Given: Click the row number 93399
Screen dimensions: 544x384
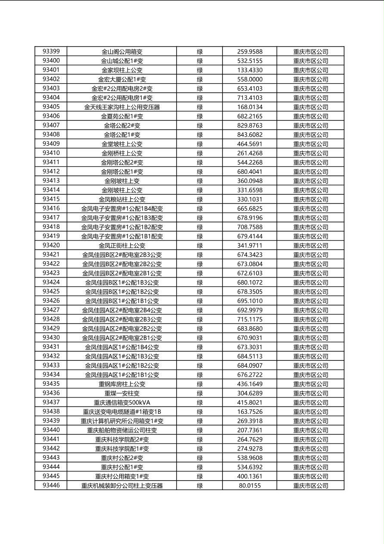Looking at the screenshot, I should [51, 51].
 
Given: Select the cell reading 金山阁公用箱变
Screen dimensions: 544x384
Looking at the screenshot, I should [122, 52].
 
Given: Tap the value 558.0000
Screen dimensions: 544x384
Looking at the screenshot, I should [250, 79].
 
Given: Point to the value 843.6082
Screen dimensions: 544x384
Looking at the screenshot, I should [250, 134].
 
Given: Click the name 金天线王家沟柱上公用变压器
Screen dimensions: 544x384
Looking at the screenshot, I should [122, 107].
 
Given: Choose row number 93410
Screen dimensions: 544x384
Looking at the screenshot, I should [51, 153].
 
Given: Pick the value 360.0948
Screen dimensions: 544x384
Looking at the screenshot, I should [250, 181].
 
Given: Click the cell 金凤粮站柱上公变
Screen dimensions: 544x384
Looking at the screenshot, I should [122, 199].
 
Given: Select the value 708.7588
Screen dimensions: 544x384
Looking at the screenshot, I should [250, 227].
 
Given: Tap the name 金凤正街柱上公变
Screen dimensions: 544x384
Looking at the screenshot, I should [122, 245].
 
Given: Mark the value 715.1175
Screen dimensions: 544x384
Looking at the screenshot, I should [250, 319].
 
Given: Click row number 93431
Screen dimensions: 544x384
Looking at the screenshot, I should [51, 347].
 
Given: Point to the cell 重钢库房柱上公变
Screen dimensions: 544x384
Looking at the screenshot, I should [122, 384].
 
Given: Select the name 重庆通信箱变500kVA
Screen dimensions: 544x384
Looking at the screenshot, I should [122, 403].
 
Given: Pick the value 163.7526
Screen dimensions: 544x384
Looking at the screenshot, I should [250, 412].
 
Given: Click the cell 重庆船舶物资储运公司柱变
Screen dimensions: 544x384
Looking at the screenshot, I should [122, 430].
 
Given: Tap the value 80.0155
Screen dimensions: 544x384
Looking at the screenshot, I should [250, 486].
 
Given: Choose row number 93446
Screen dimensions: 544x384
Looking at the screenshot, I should [51, 485].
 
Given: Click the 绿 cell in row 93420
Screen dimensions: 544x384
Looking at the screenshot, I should [200, 245].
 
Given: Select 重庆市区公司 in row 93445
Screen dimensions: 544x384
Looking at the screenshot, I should [310, 476].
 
